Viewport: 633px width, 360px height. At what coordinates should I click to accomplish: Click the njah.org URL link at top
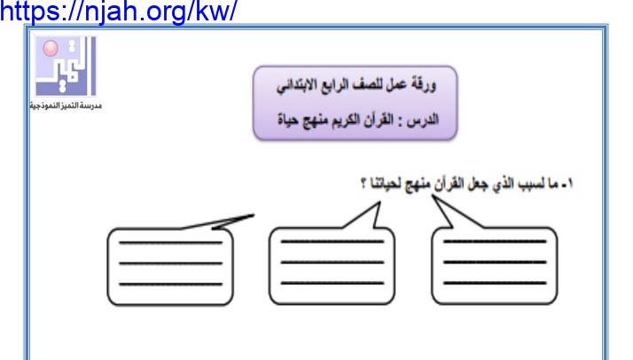click(x=118, y=11)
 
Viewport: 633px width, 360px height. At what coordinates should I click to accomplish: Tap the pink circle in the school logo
click(x=51, y=48)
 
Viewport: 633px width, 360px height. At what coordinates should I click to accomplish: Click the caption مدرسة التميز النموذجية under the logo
click(x=66, y=106)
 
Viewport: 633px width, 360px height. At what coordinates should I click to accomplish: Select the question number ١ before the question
click(x=568, y=184)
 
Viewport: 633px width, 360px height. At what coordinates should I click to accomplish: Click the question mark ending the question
click(x=363, y=184)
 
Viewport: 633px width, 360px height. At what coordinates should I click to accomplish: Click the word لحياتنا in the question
click(x=387, y=184)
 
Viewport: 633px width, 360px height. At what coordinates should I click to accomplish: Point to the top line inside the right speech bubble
click(x=495, y=242)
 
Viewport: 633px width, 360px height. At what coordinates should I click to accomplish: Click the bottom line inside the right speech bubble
click(x=495, y=284)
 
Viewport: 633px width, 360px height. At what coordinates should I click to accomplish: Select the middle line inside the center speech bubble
click(x=332, y=262)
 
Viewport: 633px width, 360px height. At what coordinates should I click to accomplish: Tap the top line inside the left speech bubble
click(x=171, y=243)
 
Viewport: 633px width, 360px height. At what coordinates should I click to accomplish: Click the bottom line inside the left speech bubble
click(x=171, y=284)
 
